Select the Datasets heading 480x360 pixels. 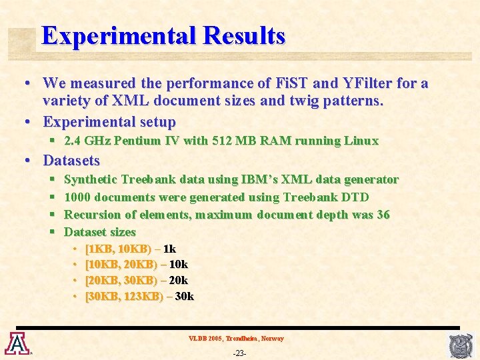pos(71,161)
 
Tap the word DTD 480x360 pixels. pos(355,197)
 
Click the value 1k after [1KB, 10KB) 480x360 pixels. pos(169,249)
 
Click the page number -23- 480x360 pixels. pos(239,353)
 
